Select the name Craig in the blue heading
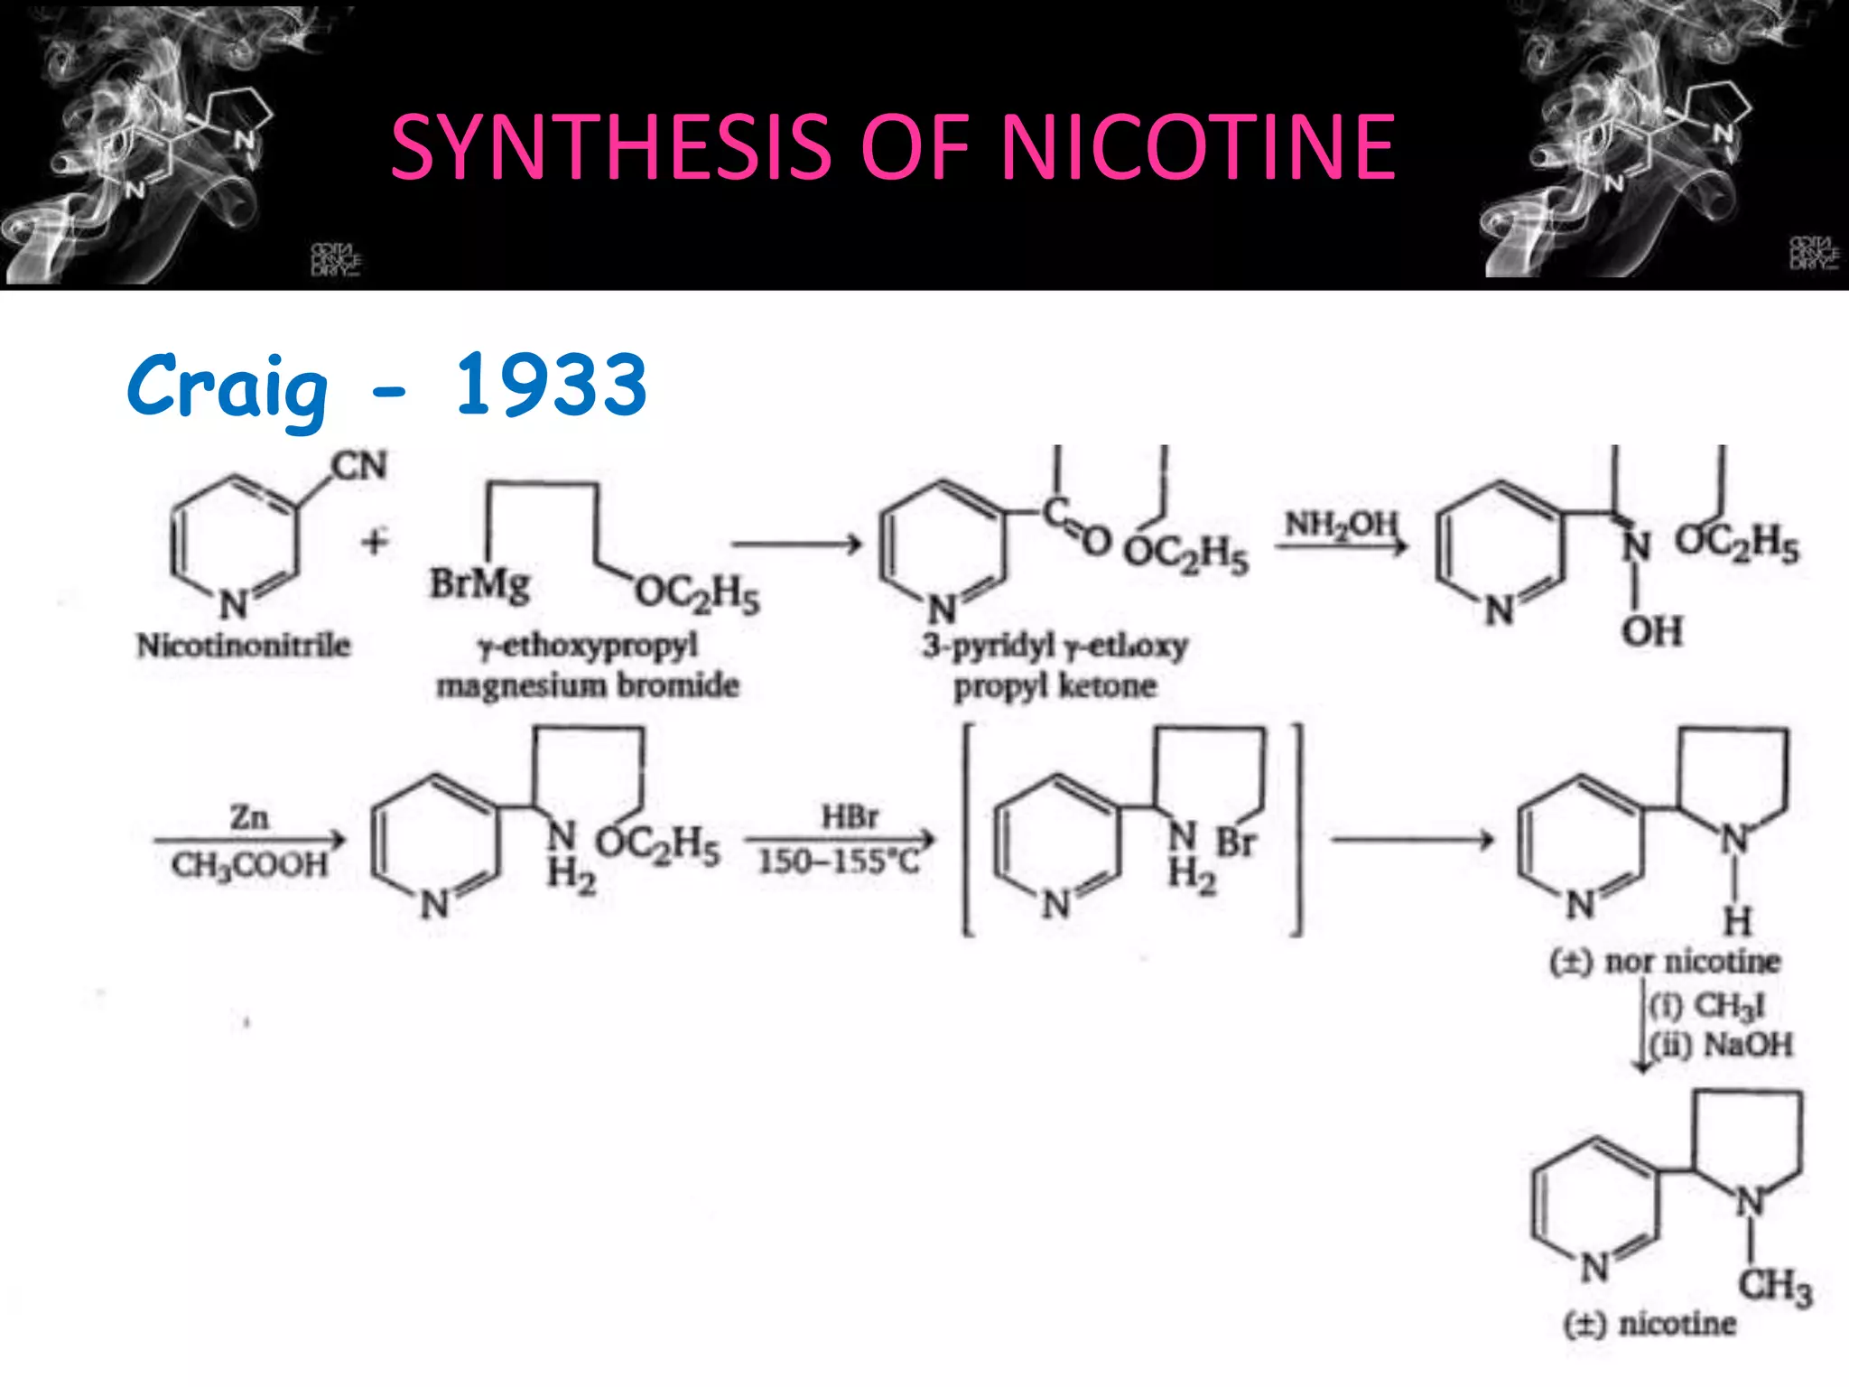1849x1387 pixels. click(x=228, y=386)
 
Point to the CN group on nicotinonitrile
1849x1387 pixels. click(x=359, y=466)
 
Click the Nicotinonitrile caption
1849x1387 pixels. click(x=243, y=645)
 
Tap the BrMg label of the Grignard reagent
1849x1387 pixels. click(x=479, y=583)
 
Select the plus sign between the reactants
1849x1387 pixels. click(x=375, y=542)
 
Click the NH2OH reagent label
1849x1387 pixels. click(x=1341, y=523)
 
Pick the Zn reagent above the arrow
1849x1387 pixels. click(x=249, y=816)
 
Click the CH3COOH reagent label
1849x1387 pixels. click(x=249, y=865)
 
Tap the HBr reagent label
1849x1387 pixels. click(x=849, y=816)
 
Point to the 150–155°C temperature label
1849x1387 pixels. click(x=839, y=861)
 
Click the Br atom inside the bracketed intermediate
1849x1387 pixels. click(x=1236, y=842)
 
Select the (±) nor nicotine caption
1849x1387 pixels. click(x=1665, y=961)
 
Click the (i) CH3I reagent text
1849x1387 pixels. click(x=1706, y=1004)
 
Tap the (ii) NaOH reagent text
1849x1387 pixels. click(x=1721, y=1045)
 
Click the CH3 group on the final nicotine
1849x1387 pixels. click(x=1775, y=1285)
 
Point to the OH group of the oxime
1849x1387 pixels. click(x=1652, y=631)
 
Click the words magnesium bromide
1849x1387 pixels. click(x=588, y=685)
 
